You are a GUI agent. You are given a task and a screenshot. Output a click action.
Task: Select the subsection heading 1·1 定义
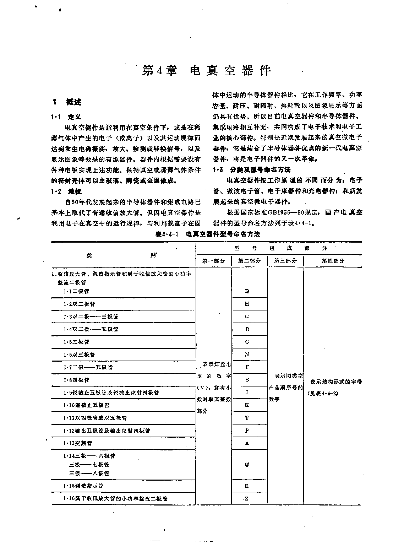pos(66,117)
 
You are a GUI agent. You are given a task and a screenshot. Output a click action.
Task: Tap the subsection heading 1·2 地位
pos(66,192)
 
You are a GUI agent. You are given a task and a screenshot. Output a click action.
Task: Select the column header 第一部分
pos(214,261)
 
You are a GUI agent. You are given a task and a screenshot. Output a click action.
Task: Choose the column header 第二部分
pos(250,261)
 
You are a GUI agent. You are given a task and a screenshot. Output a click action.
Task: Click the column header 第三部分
pos(285,261)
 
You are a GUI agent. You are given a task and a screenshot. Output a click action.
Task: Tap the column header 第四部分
pos(333,261)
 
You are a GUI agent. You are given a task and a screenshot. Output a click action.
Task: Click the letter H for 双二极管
pos(247,304)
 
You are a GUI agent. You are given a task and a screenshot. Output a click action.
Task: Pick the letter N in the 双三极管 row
pos(247,355)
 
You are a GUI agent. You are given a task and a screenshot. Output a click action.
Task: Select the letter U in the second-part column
pos(247,465)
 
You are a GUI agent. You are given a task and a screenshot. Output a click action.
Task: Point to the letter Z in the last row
pos(247,498)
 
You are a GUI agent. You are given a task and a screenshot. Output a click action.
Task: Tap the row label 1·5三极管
pos(76,342)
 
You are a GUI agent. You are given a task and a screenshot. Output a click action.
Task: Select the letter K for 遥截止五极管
pos(247,405)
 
